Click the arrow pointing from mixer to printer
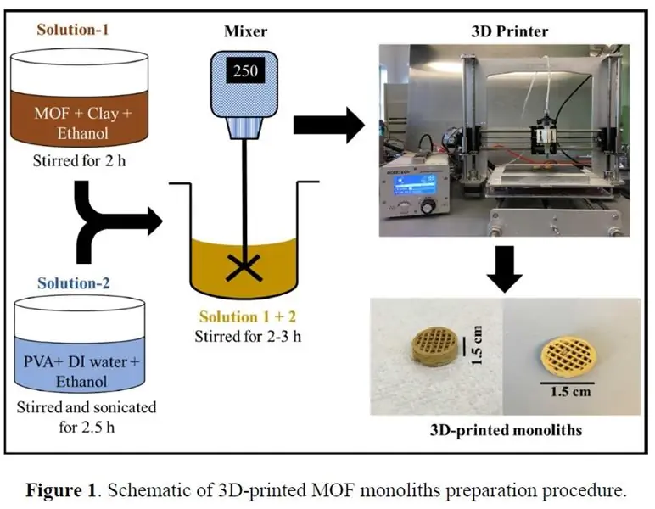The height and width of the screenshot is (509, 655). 327,124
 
